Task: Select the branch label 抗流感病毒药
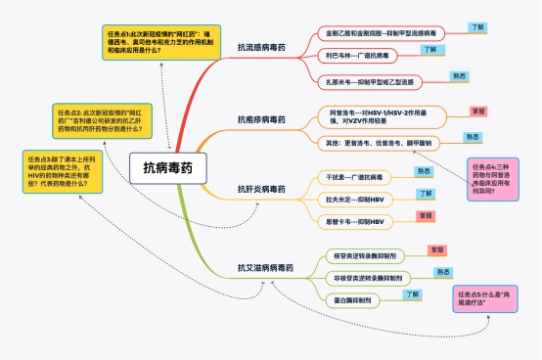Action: [x=261, y=48]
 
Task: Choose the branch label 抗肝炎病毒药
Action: [x=261, y=188]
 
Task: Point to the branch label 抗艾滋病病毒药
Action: [x=265, y=267]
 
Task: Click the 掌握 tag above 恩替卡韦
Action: [x=426, y=214]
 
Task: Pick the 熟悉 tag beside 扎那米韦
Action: [x=458, y=74]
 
